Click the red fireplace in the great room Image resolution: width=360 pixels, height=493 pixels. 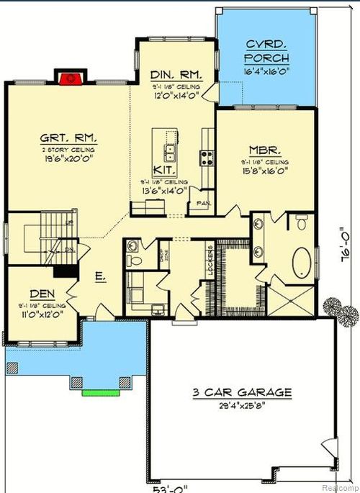(x=69, y=77)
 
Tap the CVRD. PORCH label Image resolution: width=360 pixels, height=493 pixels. (x=266, y=50)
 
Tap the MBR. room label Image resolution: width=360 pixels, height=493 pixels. (x=265, y=152)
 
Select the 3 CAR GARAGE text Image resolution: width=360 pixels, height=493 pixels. (x=242, y=392)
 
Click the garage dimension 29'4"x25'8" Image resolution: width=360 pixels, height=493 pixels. (x=242, y=407)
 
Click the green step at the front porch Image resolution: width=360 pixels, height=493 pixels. (x=99, y=393)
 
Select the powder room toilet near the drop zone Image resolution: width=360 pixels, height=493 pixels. (x=134, y=249)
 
